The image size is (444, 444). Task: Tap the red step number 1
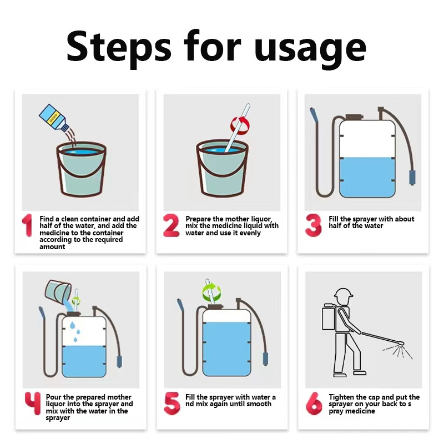pyautogui.click(x=27, y=225)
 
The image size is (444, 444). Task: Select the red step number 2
pyautogui.click(x=171, y=225)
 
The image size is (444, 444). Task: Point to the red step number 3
pyautogui.click(x=314, y=225)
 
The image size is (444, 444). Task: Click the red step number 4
pyautogui.click(x=33, y=403)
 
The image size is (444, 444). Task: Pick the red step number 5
pyautogui.click(x=172, y=403)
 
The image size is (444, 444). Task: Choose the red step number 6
pyautogui.click(x=314, y=403)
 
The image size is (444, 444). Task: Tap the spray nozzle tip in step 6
pyautogui.click(x=401, y=343)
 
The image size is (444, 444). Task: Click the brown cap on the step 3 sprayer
pyautogui.click(x=354, y=117)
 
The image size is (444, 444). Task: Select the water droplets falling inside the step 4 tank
pyautogui.click(x=75, y=331)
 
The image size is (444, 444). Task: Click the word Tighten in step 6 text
pyautogui.click(x=342, y=397)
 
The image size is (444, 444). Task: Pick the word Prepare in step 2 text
pyautogui.click(x=198, y=219)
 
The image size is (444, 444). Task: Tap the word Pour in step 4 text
pyautogui.click(x=53, y=397)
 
